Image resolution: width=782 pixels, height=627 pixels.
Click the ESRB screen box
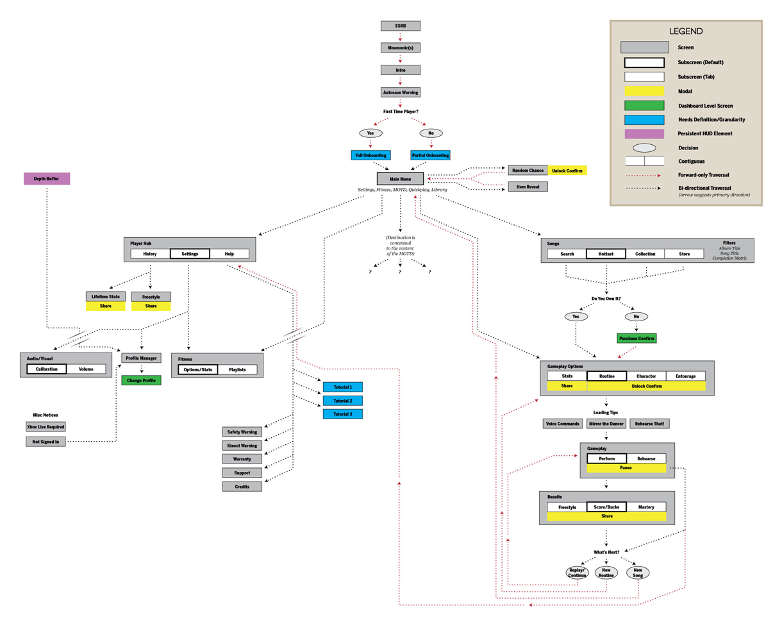[401, 26]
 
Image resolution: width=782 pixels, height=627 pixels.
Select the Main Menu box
[401, 178]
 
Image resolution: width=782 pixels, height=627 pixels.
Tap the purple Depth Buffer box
[47, 179]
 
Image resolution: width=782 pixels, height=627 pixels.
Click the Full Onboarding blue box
[370, 155]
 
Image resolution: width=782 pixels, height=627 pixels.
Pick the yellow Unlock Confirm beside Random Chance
[567, 171]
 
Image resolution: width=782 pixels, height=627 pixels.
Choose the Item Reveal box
[528, 187]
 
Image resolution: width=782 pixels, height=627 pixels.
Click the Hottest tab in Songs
[606, 254]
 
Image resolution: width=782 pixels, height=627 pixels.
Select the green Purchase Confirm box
[636, 338]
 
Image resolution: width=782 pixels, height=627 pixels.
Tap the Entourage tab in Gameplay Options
[685, 376]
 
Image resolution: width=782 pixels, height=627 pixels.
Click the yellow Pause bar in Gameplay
[626, 468]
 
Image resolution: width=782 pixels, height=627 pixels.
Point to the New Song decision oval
[638, 573]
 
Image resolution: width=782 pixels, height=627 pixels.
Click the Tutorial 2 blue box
[342, 401]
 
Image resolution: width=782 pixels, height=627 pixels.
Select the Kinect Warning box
[242, 446]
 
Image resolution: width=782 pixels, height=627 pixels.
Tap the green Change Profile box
[141, 380]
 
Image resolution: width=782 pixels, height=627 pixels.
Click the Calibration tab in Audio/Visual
[47, 369]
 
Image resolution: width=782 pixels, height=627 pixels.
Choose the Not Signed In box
[46, 441]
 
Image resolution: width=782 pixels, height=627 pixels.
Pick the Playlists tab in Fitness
[237, 370]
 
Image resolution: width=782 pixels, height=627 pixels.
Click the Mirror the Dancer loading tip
[606, 424]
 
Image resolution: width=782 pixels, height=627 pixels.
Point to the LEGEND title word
[685, 31]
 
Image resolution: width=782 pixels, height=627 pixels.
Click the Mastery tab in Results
[646, 507]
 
